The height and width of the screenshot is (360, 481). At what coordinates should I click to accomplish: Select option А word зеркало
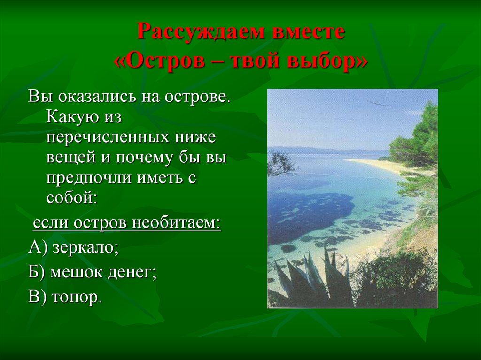pos(85,247)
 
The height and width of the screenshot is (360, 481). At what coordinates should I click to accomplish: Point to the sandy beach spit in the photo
pos(376,164)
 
